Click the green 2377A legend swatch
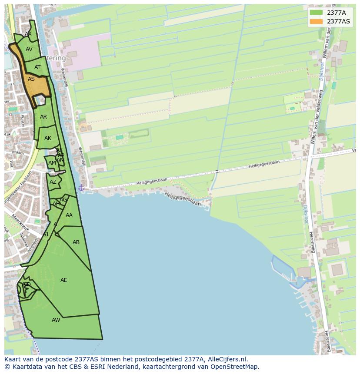point(316,13)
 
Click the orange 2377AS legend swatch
point(316,21)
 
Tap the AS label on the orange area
point(31,79)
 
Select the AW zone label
point(56,320)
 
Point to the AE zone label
point(64,280)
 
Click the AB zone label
point(76,242)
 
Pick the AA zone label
point(69,215)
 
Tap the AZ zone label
point(53,182)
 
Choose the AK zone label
point(48,138)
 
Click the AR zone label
point(43,117)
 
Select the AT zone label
point(37,67)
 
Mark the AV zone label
point(29,50)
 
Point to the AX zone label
point(28,34)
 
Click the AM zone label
point(52,163)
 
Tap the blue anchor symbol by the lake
point(81,188)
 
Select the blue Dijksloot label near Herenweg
point(306,214)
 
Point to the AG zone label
point(63,200)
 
